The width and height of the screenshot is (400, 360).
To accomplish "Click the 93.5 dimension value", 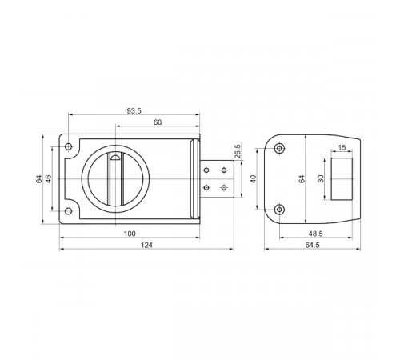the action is [x=134, y=111].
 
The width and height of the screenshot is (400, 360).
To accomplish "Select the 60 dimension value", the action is [x=158, y=122].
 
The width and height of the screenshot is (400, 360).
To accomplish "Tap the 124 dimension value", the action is [x=146, y=245].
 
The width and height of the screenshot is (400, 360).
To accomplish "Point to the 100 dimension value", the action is [x=130, y=234].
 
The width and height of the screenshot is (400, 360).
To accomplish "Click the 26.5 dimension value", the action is [x=238, y=151].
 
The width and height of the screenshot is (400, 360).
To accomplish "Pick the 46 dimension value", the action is [x=49, y=178].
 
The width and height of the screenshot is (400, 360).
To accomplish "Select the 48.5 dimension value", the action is [x=316, y=234].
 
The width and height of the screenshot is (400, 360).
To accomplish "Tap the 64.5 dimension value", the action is [x=312, y=245].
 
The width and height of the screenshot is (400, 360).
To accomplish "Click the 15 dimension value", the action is [x=342, y=147].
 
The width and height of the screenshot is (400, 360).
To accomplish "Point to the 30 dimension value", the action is [x=321, y=178].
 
